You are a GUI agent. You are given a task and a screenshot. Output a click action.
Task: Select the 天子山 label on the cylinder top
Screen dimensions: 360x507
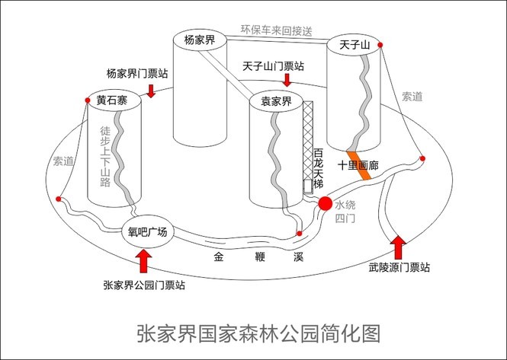354,46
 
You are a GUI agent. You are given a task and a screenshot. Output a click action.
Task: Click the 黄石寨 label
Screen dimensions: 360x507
112,100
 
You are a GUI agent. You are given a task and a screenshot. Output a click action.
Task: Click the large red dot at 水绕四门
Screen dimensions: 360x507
326,203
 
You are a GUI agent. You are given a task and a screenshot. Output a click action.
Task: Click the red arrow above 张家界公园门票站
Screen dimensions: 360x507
144,263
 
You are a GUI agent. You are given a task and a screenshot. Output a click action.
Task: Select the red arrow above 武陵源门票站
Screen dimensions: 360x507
397,248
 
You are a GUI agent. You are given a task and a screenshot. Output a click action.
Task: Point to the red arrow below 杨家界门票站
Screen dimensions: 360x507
152,91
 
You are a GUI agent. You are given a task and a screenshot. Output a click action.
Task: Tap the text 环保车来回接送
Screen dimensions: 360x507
277,30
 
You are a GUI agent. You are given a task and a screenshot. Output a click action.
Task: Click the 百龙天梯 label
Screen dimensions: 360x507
319,170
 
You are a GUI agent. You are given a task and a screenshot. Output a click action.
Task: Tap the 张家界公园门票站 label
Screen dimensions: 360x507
144,285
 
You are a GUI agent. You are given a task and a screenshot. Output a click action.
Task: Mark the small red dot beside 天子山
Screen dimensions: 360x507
380,46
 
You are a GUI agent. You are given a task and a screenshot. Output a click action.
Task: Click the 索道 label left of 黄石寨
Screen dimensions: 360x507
64,161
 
